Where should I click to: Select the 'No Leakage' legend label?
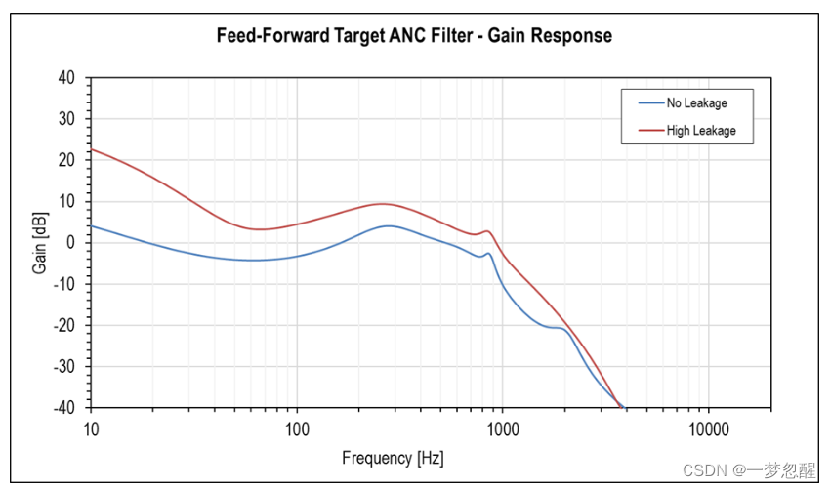click(x=696, y=102)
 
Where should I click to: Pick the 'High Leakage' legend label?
click(x=701, y=130)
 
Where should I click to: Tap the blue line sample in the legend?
click(x=649, y=102)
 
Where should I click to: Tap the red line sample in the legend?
click(x=649, y=130)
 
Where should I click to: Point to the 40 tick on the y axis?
click(x=68, y=78)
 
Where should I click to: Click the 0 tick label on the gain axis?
click(x=72, y=243)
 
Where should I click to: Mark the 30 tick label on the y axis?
click(x=68, y=119)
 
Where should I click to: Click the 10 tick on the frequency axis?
click(x=91, y=427)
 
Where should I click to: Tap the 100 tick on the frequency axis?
click(x=297, y=427)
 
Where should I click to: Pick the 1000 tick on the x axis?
click(x=503, y=427)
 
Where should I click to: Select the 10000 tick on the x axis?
click(x=708, y=427)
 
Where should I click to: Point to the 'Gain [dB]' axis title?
click(x=40, y=242)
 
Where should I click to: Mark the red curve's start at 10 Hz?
click(x=92, y=149)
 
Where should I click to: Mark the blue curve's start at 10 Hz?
click(x=92, y=225)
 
